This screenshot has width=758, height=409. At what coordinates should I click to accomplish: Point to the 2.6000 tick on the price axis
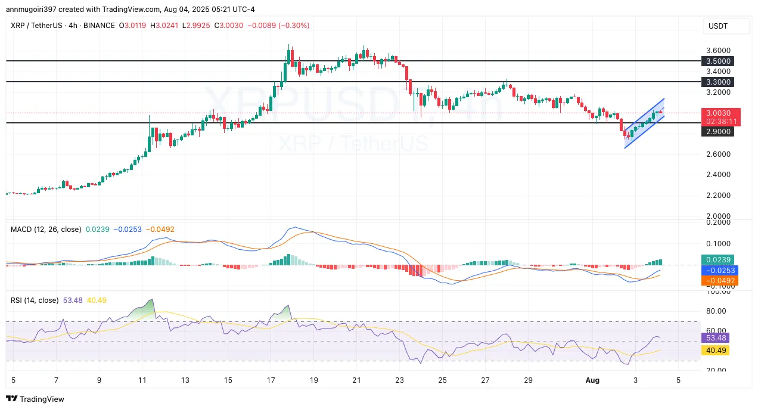click(718, 154)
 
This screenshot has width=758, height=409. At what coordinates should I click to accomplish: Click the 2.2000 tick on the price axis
click(718, 196)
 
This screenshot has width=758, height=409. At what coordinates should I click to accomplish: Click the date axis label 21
click(356, 380)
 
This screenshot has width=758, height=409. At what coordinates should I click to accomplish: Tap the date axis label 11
click(142, 380)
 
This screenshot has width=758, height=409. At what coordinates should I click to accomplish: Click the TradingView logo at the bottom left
click(35, 399)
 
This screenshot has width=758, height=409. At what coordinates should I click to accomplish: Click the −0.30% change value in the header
click(297, 26)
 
